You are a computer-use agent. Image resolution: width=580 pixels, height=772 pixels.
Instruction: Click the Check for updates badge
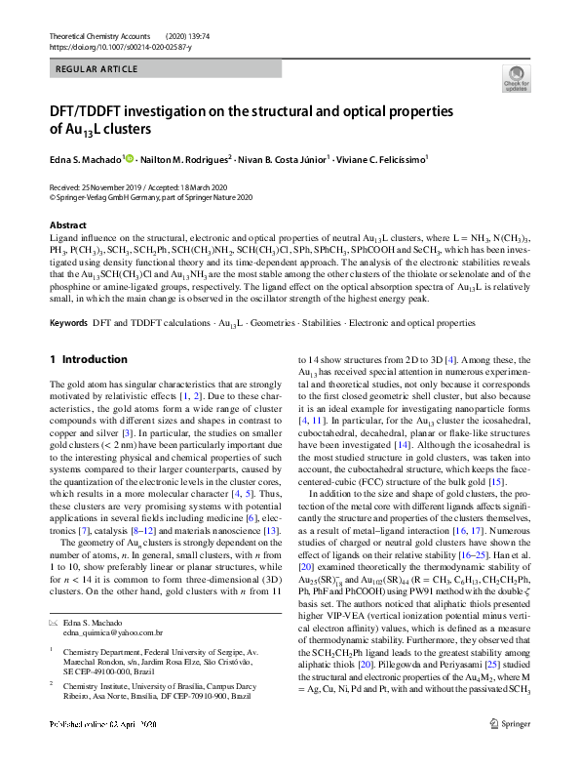point(515,78)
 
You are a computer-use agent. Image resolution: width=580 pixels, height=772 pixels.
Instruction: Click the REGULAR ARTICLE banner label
point(95,70)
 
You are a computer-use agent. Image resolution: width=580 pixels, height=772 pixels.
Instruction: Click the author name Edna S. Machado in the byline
point(86,157)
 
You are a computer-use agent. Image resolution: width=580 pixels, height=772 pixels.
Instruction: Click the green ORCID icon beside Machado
point(129,157)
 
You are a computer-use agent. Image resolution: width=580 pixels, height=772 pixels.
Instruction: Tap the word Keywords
point(70,294)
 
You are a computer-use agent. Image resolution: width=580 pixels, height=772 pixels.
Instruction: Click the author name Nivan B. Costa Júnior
point(287,157)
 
